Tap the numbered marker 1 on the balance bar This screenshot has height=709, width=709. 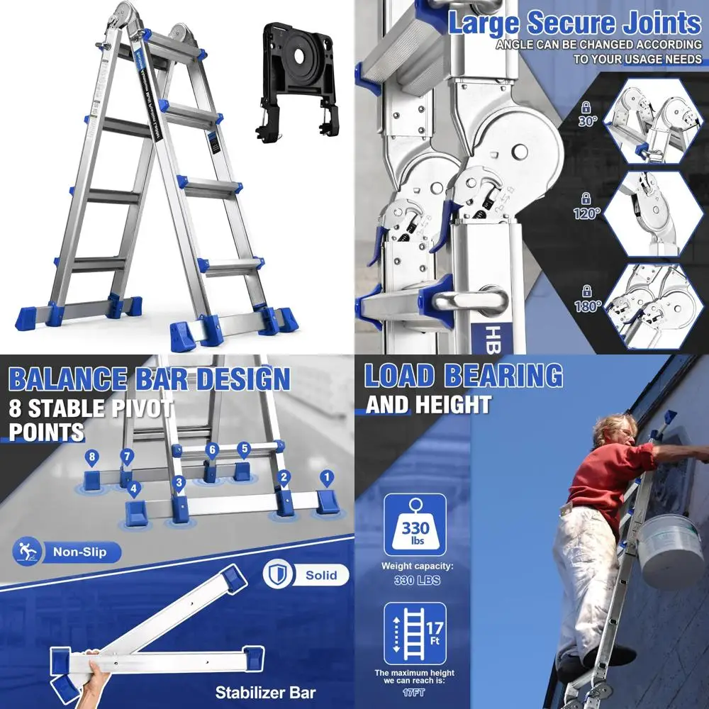[x=326, y=477]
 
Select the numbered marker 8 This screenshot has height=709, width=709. [x=90, y=457]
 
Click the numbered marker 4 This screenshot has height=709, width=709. [x=135, y=488]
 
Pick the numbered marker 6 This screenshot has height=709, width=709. [x=211, y=450]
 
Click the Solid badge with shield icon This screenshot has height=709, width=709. [x=306, y=574]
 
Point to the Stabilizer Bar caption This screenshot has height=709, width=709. [x=265, y=691]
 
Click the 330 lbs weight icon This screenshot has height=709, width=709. [x=415, y=525]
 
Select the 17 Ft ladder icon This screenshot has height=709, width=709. [x=415, y=633]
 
